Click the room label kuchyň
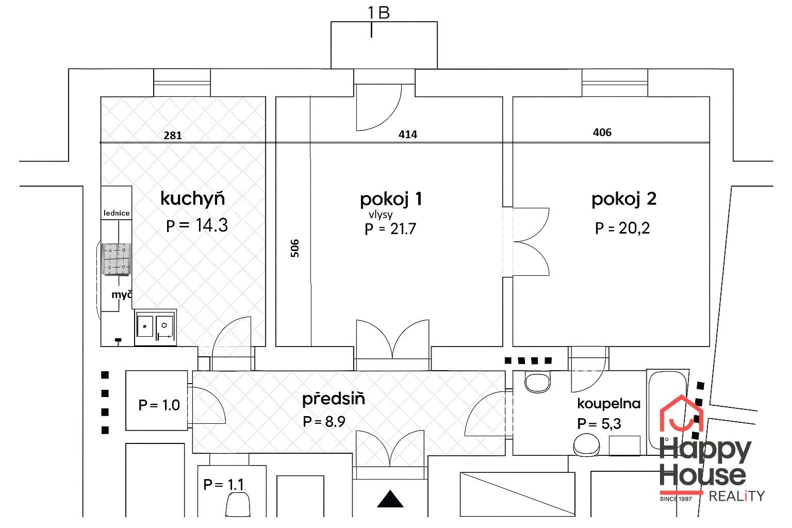[x=192, y=199]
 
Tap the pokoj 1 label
[x=391, y=199]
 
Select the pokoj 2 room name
[x=623, y=199]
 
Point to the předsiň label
[x=333, y=399]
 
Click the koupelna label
[x=608, y=403]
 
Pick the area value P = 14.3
[x=197, y=225]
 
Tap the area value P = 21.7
[x=390, y=228]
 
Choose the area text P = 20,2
[x=622, y=227]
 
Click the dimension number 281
[x=173, y=136]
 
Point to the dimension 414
[x=407, y=135]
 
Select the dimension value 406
[x=602, y=133]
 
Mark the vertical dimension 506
[x=294, y=247]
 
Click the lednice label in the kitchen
[x=117, y=212]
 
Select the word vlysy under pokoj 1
[x=381, y=214]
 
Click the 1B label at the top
[x=378, y=13]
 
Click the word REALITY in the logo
[x=737, y=496]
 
